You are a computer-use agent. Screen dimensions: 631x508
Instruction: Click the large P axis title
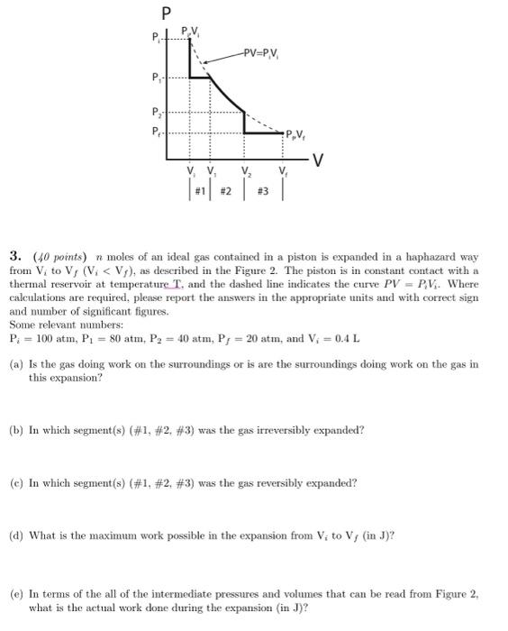point(165,14)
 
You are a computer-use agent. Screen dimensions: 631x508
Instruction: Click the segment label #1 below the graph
point(200,191)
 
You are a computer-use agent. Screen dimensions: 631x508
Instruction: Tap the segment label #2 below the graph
point(225,191)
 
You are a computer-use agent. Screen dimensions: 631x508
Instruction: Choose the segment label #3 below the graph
point(264,191)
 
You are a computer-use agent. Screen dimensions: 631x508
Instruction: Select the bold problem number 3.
point(13,256)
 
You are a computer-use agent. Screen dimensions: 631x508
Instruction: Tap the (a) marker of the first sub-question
point(15,365)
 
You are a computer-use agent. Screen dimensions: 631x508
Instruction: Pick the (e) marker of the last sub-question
point(15,594)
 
